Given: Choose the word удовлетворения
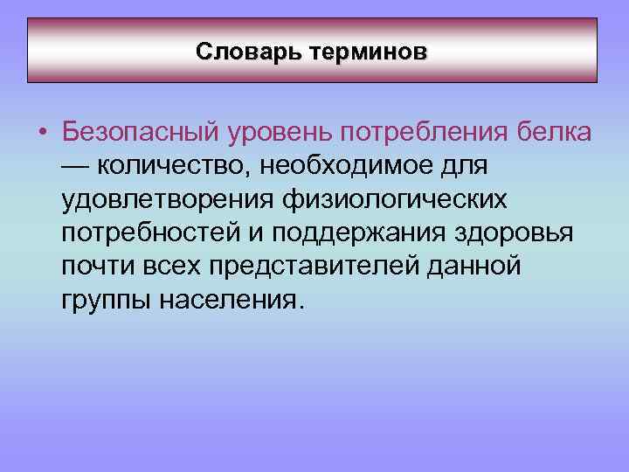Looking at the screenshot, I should [167, 201].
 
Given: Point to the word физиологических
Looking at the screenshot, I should [394, 201].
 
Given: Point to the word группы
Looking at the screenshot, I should [107, 302].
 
